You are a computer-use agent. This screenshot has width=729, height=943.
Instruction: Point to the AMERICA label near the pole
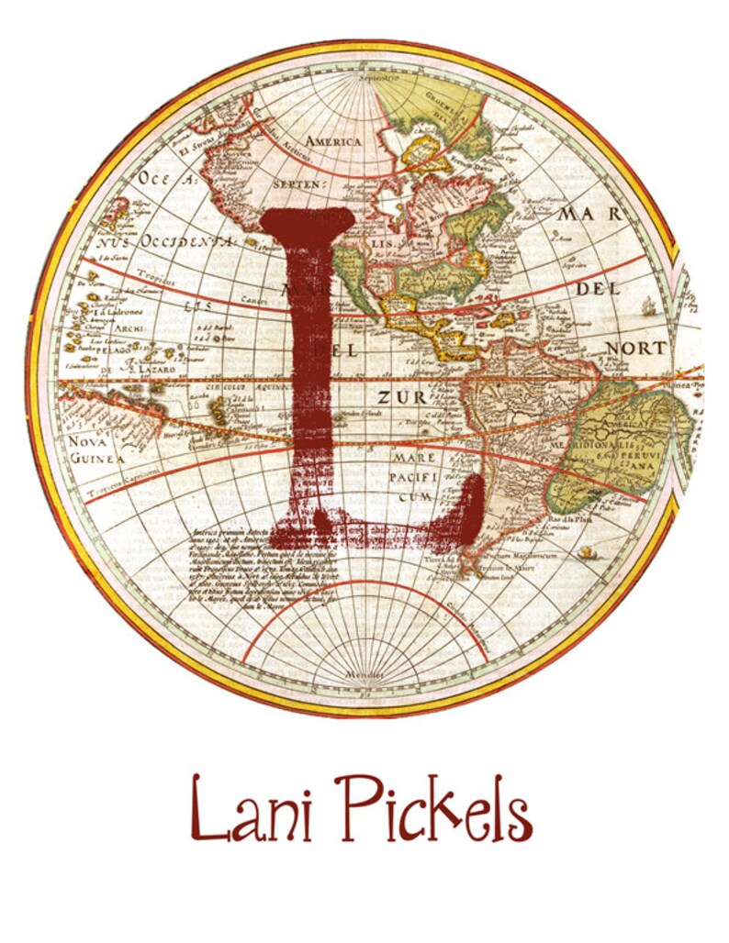click(333, 142)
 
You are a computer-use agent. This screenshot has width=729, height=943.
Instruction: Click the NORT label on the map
click(635, 349)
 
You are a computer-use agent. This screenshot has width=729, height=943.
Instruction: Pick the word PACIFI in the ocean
click(414, 477)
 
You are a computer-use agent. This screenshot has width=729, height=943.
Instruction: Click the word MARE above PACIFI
click(414, 457)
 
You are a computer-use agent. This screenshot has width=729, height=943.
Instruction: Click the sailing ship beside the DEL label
click(650, 306)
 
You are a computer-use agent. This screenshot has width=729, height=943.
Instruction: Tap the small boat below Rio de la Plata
click(586, 552)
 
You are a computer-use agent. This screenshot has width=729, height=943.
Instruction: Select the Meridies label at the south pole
click(363, 674)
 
